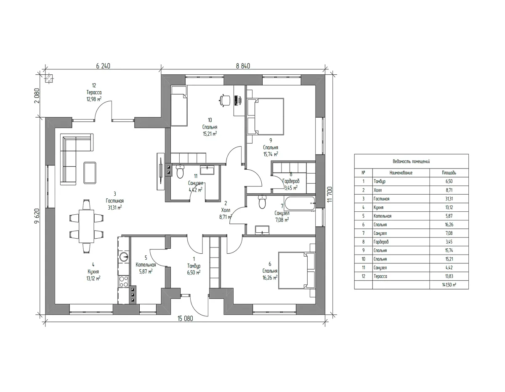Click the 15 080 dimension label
tap(185, 318)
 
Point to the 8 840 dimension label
tap(243, 66)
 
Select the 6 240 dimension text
tap(103, 66)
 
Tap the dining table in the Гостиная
tap(86, 226)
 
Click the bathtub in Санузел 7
tap(299, 203)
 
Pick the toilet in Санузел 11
tap(180, 171)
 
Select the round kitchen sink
tap(124, 257)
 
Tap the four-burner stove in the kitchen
tap(124, 281)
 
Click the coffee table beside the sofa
tap(90, 173)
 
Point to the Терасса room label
tap(94, 92)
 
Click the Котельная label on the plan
tap(146, 265)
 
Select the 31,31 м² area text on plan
tap(115, 208)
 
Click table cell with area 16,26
tap(449, 224)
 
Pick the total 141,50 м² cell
tap(449, 284)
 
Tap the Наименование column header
tap(401, 173)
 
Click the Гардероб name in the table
tap(381, 242)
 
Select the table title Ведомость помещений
tap(411, 161)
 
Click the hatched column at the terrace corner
tap(49, 79)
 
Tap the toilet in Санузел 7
tap(262, 202)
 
